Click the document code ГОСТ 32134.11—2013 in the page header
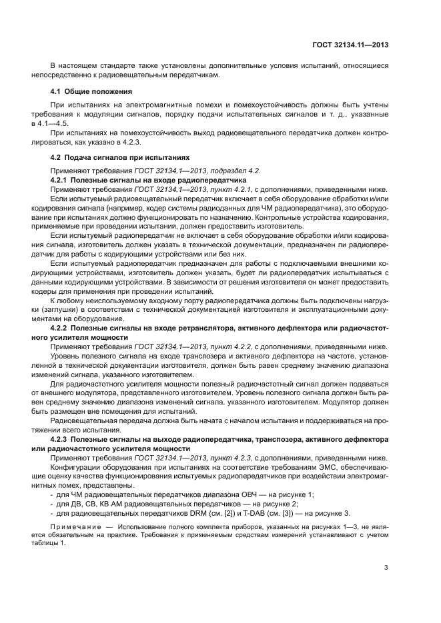[x=350, y=45]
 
